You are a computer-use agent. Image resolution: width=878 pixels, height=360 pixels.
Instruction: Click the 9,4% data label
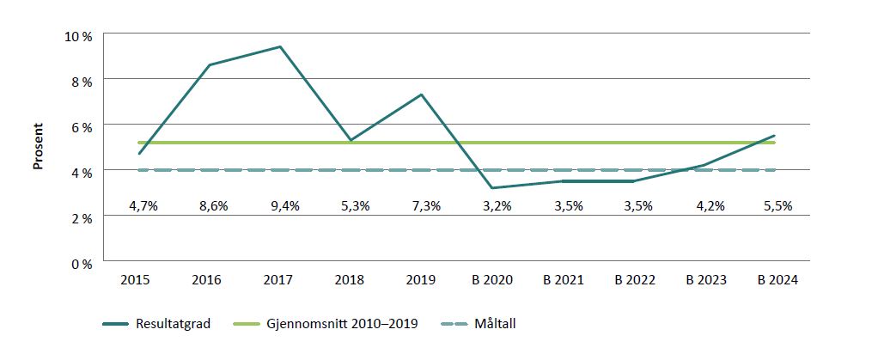tap(280, 206)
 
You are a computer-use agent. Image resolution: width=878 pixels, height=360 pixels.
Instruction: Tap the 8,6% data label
tap(210, 206)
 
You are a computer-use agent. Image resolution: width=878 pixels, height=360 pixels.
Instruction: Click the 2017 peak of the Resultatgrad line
tap(280, 46)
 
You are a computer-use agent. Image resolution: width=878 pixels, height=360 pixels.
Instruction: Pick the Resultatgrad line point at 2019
tap(421, 95)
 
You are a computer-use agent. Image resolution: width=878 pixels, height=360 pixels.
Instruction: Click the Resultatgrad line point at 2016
tap(210, 64)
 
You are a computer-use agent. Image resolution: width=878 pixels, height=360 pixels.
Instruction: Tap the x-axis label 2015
tap(139, 280)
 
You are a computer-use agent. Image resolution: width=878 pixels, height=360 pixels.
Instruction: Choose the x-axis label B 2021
tap(563, 280)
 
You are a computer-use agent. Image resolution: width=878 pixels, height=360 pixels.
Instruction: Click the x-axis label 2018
tap(351, 280)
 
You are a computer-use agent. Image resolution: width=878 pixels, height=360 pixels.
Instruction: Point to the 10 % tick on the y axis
tap(80, 35)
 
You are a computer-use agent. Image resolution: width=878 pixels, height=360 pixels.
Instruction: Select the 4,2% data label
tap(704, 206)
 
